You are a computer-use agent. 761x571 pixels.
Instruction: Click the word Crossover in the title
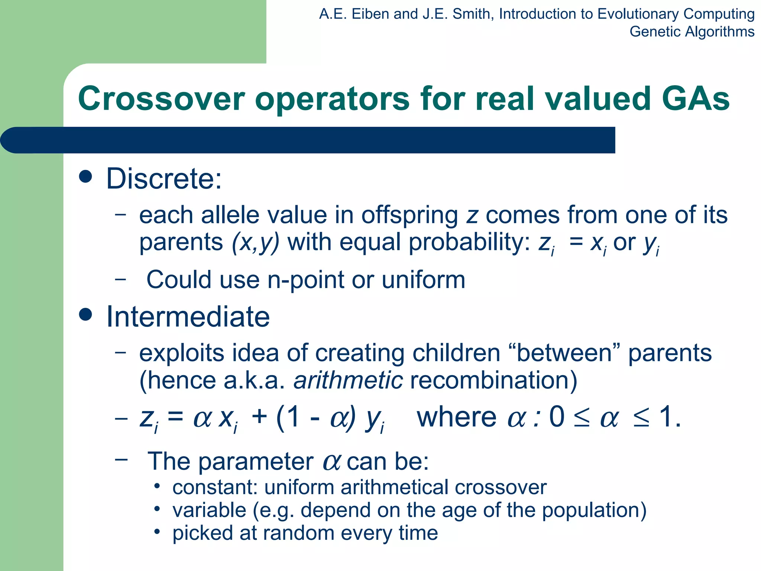pyautogui.click(x=161, y=99)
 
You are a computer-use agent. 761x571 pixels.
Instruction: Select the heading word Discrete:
pyautogui.click(x=164, y=179)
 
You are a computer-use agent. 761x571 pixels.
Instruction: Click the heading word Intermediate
pyautogui.click(x=188, y=317)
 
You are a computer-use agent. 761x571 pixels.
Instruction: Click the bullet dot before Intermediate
pyautogui.click(x=86, y=314)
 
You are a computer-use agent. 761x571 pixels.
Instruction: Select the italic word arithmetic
pyautogui.click(x=348, y=380)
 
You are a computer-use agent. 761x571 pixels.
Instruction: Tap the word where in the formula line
pyautogui.click(x=457, y=417)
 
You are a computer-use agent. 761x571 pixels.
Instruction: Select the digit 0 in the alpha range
pyautogui.click(x=557, y=417)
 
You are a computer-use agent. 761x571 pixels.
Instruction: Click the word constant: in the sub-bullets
pyautogui.click(x=215, y=487)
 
